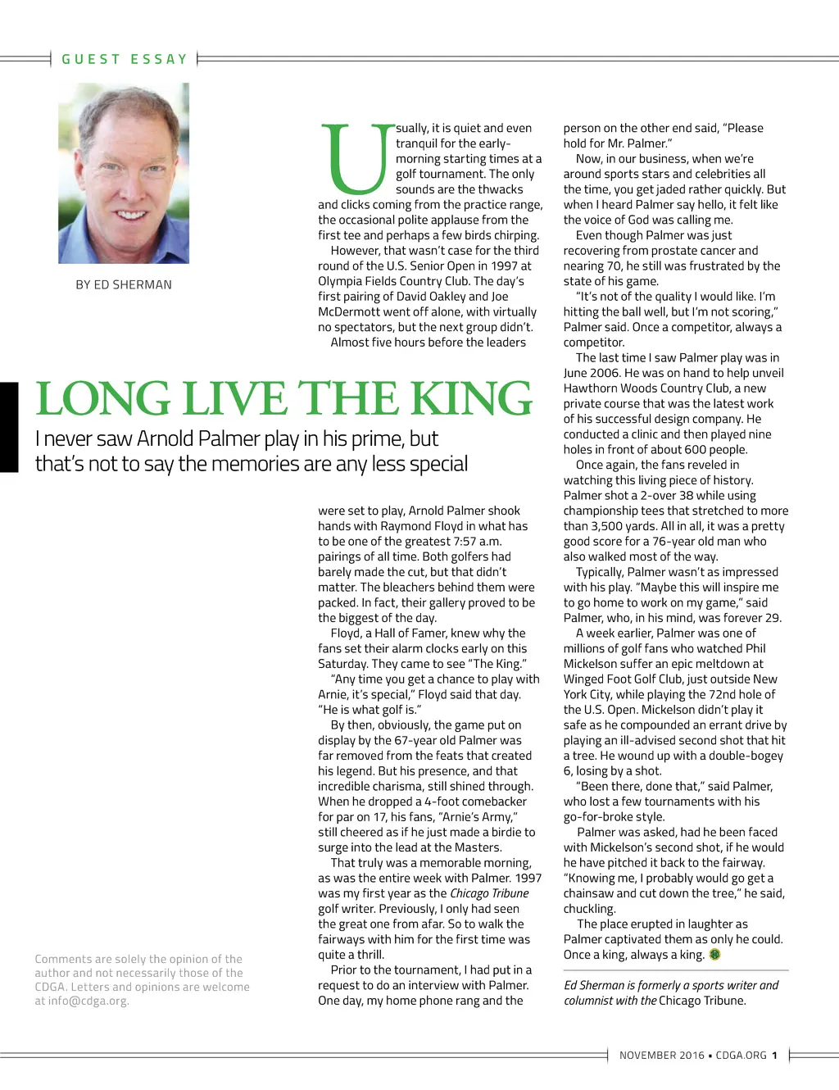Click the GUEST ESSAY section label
click(125, 59)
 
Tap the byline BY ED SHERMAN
click(124, 284)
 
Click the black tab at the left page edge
click(8, 427)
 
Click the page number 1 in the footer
click(774, 1056)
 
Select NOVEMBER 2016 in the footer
click(661, 1056)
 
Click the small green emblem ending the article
click(714, 955)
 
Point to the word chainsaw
click(592, 893)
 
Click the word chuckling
click(589, 909)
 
